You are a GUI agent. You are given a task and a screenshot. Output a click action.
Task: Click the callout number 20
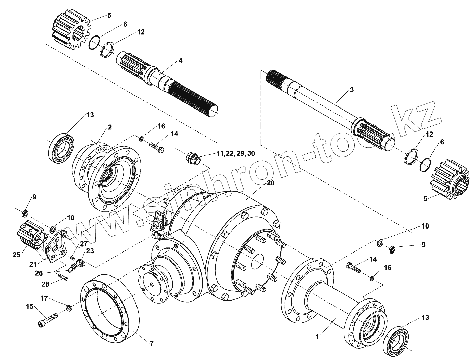pyautogui.click(x=270, y=183)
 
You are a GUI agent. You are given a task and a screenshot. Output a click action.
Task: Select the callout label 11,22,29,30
pyautogui.click(x=235, y=154)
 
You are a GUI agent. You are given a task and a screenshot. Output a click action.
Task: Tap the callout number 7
pyautogui.click(x=152, y=344)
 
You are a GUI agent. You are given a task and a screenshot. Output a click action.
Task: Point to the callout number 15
pyautogui.click(x=30, y=307)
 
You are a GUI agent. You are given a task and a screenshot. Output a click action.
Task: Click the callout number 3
pyautogui.click(x=352, y=90)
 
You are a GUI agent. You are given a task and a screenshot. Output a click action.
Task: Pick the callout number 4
pyautogui.click(x=181, y=61)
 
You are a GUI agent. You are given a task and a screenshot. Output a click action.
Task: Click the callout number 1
pyautogui.click(x=317, y=336)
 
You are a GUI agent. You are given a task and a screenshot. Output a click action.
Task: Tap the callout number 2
pyautogui.click(x=110, y=127)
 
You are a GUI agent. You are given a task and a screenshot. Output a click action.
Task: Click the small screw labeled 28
pyautogui.click(x=63, y=277)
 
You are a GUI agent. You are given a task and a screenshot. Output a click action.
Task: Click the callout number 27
pyautogui.click(x=83, y=243)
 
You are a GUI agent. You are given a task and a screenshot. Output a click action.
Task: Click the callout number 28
pyautogui.click(x=45, y=284)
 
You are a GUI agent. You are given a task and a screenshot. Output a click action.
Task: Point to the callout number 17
pyautogui.click(x=45, y=298)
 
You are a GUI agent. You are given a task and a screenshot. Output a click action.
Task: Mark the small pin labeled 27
pyautogui.click(x=72, y=258)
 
